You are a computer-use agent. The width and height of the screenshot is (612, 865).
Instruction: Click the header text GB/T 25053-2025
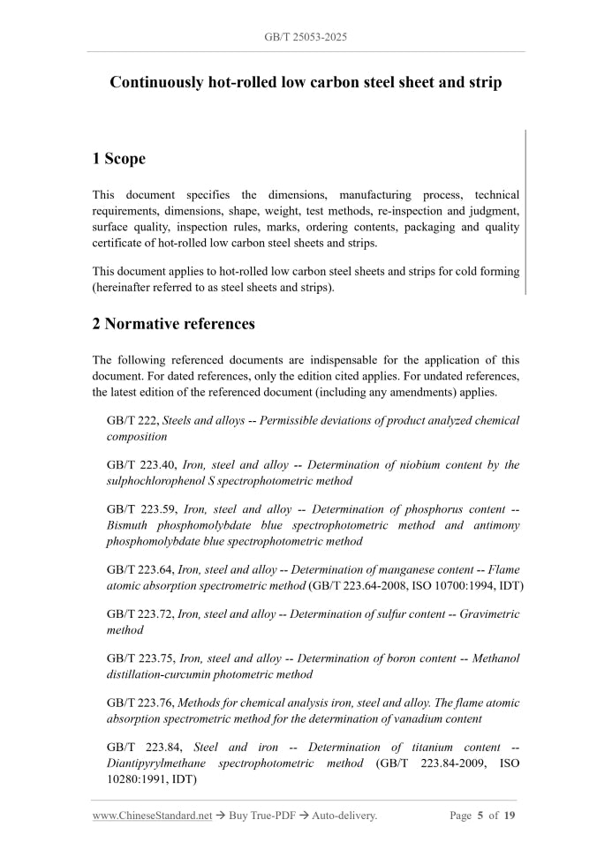tap(306, 37)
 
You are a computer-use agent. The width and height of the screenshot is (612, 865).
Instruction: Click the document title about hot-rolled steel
tap(306, 83)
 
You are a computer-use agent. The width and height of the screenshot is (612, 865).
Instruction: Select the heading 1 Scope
tap(119, 159)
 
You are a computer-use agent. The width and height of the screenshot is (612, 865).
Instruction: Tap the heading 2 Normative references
tap(174, 324)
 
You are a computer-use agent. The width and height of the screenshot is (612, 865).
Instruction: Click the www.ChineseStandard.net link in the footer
tap(152, 816)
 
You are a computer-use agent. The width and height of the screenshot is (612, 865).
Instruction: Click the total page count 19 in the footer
tap(510, 816)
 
